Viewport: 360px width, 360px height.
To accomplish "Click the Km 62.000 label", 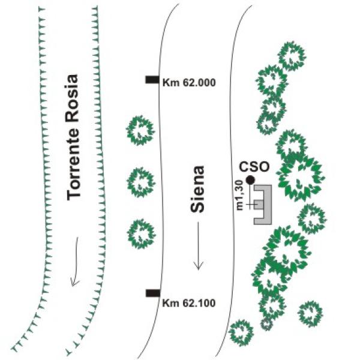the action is (x=189, y=83).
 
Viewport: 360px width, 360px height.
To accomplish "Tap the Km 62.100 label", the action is (x=189, y=303).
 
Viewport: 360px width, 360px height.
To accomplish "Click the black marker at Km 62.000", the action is (x=152, y=79).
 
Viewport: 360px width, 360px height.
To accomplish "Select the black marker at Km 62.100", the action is (x=153, y=293).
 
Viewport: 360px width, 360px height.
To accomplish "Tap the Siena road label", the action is (x=197, y=189).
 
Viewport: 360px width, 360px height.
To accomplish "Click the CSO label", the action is (x=254, y=167).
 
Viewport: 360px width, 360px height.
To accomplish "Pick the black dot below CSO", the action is (x=250, y=180).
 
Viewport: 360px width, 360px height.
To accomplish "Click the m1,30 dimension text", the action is (x=239, y=195).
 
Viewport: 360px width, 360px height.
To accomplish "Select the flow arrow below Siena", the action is (x=199, y=245).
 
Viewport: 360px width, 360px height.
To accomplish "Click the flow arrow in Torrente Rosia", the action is (x=76, y=262).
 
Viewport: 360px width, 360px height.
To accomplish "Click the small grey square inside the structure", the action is (x=258, y=205).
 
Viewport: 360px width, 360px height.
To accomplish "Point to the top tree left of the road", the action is (x=140, y=130).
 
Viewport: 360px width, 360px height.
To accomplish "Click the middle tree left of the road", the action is (x=141, y=182).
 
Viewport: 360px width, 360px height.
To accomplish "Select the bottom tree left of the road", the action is (x=142, y=234).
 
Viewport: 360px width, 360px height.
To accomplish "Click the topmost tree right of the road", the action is (x=292, y=56).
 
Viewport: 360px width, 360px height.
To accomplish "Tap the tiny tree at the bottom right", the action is (x=266, y=324).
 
